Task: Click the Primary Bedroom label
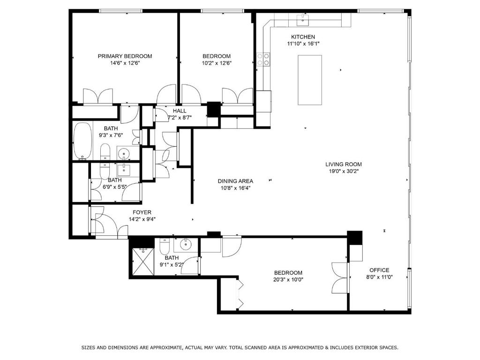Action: pyautogui.click(x=125, y=56)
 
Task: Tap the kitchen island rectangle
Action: pyautogui.click(x=310, y=80)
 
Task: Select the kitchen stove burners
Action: pyautogui.click(x=263, y=60)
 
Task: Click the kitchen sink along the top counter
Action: pyautogui.click(x=302, y=20)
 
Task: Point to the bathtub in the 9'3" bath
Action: pyautogui.click(x=82, y=141)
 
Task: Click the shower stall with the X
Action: pyautogui.click(x=142, y=262)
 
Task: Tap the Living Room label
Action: pyautogui.click(x=344, y=165)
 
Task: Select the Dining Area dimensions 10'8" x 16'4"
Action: pyautogui.click(x=235, y=188)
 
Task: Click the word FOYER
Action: pyautogui.click(x=142, y=212)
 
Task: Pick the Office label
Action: pyautogui.click(x=379, y=270)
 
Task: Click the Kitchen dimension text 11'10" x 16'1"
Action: pyautogui.click(x=303, y=44)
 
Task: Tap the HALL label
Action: pyautogui.click(x=180, y=111)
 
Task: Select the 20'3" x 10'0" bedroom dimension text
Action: pyautogui.click(x=288, y=279)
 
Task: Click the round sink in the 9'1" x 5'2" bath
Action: pyautogui.click(x=185, y=244)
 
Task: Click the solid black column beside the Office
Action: pyautogui.click(x=354, y=238)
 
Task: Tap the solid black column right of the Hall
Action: pyautogui.click(x=214, y=109)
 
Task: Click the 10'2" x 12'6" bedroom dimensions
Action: pyautogui.click(x=217, y=63)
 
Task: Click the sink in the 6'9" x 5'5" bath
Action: pyautogui.click(x=124, y=169)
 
